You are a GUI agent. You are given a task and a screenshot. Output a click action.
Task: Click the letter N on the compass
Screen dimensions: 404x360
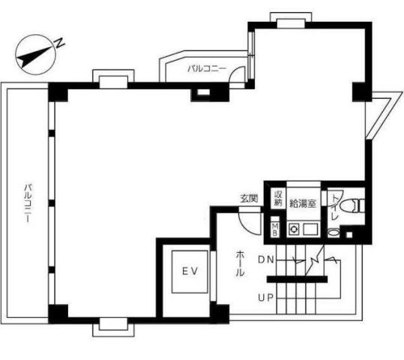click(60, 43)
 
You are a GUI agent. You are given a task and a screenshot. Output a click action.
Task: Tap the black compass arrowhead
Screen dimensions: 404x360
click(25, 59)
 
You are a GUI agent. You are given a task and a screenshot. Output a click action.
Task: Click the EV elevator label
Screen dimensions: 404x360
click(190, 271)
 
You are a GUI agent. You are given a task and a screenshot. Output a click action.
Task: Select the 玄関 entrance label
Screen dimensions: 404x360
click(249, 199)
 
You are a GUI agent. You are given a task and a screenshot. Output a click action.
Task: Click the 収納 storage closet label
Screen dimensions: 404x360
click(278, 198)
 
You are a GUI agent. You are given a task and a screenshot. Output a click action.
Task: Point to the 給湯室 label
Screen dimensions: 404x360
click(303, 203)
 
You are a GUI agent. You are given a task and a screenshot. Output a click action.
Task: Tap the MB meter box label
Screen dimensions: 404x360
click(275, 229)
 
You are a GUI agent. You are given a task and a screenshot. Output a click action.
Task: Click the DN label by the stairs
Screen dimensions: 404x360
click(265, 259)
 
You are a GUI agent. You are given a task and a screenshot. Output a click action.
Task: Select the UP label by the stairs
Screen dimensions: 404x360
click(265, 298)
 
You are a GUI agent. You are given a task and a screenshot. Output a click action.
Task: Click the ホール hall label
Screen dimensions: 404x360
click(240, 263)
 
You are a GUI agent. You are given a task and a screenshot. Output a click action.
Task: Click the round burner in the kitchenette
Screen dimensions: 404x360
click(293, 229)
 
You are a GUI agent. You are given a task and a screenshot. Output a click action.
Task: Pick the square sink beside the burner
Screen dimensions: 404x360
click(310, 229)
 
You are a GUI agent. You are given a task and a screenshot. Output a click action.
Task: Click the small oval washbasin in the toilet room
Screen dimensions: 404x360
click(333, 232)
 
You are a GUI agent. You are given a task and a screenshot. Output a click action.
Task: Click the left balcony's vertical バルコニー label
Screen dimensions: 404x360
click(28, 203)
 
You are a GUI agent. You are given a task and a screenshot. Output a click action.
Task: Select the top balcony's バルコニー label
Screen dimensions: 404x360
click(207, 68)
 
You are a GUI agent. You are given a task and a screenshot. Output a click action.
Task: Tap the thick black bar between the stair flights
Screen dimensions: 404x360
click(297, 279)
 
